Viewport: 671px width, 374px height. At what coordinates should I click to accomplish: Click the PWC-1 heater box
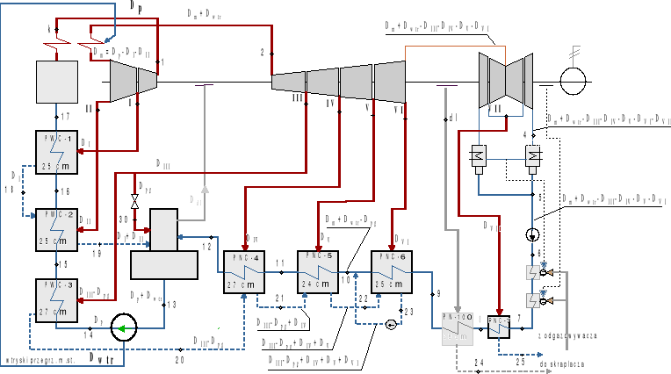point(57,151)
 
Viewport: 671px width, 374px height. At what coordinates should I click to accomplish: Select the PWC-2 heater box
point(57,227)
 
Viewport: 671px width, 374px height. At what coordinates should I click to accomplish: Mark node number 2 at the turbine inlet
point(262,54)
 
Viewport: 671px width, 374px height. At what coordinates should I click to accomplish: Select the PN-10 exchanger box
point(453,330)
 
